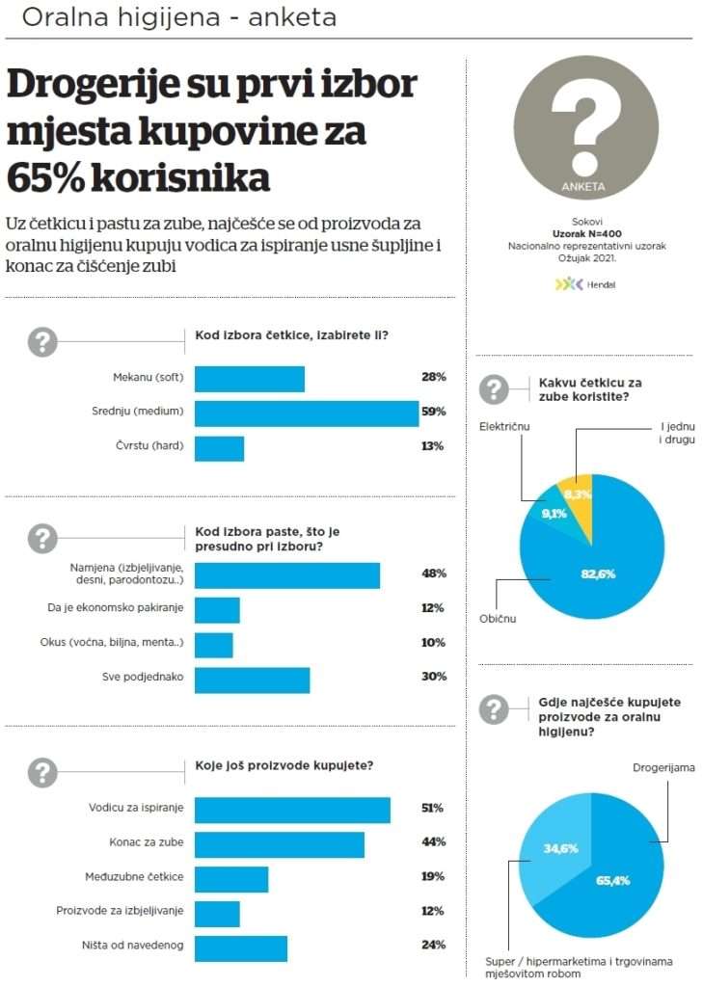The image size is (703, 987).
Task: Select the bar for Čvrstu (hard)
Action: (x=219, y=447)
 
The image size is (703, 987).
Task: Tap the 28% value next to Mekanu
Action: (x=432, y=377)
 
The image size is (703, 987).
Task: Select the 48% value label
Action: (x=433, y=574)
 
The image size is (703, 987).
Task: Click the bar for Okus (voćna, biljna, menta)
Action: (x=213, y=643)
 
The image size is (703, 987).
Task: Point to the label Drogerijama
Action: (x=663, y=768)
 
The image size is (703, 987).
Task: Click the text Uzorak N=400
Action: (x=586, y=233)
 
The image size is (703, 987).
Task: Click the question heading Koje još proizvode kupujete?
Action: (x=284, y=766)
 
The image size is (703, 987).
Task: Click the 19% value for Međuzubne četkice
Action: (x=433, y=876)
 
